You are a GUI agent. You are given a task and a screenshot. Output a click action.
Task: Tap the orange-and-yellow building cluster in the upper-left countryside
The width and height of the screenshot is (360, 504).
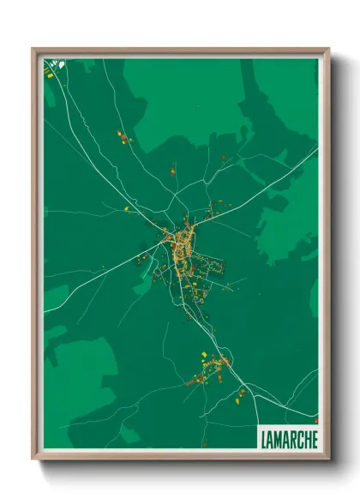123,137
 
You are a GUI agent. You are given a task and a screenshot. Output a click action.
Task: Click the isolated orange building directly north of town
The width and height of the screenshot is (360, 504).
172,171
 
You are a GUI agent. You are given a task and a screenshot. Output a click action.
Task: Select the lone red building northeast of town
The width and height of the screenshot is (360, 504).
224,158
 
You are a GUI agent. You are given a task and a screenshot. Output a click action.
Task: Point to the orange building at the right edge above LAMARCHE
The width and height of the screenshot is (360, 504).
315,420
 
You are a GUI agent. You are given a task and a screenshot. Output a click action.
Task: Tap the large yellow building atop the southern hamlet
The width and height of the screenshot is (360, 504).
203,354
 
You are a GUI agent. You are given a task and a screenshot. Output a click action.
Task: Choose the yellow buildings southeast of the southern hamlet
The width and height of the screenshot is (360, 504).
242,393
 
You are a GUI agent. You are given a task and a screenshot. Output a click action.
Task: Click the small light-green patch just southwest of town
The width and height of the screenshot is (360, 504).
141,287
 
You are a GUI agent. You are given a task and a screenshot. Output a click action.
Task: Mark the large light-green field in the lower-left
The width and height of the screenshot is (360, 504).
81,377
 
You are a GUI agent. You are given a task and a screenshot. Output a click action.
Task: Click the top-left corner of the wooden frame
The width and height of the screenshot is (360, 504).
34,50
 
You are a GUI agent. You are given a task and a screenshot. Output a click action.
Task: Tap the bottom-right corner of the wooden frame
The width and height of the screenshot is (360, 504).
327,458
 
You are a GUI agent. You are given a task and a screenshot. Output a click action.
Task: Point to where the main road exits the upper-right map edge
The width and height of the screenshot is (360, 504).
317,148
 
